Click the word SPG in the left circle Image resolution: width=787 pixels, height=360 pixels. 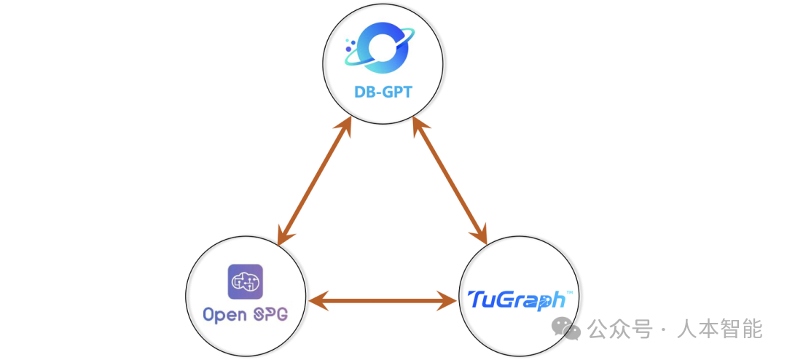(x=270, y=316)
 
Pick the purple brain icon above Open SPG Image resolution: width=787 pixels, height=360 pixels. (x=246, y=282)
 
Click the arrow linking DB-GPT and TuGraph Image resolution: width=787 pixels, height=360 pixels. (x=450, y=180)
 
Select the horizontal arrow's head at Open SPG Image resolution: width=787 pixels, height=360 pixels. (x=316, y=299)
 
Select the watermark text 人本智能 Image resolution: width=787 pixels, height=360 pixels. (x=719, y=329)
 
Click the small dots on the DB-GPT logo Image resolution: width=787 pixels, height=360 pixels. (x=351, y=48)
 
